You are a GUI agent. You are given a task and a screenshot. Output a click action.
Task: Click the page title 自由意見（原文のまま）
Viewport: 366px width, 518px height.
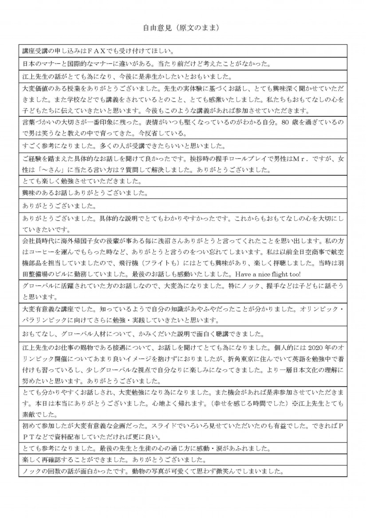point(182,28)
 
